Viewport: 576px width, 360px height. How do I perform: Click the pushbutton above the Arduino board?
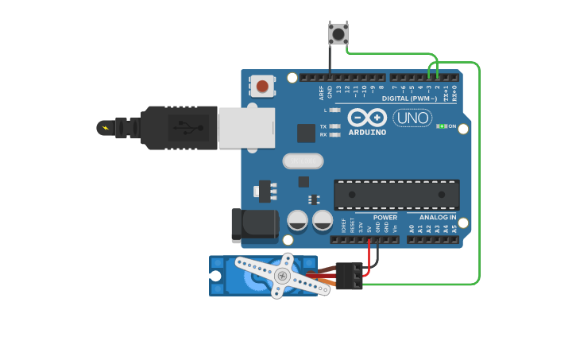coord(338,33)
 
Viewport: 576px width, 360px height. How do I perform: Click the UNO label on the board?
coord(412,118)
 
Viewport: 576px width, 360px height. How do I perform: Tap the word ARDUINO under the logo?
coord(367,132)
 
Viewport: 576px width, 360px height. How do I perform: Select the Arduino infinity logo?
coord(366,117)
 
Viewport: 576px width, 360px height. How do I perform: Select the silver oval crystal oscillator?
coord(303,161)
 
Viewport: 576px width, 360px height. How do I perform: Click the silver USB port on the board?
coord(246,127)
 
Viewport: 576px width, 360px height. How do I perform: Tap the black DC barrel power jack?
coord(249,226)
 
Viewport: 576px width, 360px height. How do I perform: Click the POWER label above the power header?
coord(385,217)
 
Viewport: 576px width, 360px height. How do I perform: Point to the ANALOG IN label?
coord(432,217)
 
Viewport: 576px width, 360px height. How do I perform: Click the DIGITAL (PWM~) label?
coord(409,99)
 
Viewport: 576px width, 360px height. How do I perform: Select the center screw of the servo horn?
coord(280,275)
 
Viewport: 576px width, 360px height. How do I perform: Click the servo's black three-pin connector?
coord(350,276)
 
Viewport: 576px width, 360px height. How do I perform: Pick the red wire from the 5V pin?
coord(369,254)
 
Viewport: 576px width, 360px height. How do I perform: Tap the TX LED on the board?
coord(334,126)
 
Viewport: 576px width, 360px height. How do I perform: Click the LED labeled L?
coord(334,110)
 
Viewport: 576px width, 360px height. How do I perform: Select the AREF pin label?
coord(321,92)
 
